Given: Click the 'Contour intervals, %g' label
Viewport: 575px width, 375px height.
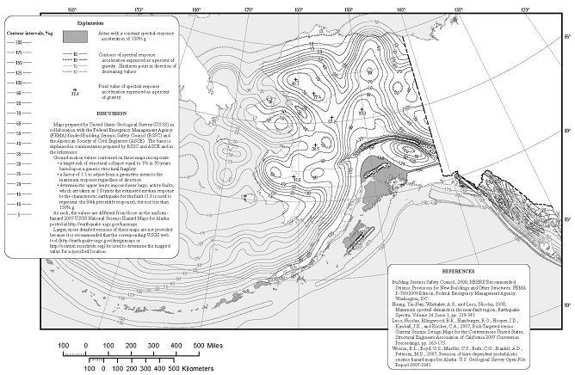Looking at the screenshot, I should coord(24,33).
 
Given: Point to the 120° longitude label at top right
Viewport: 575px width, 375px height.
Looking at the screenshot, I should coord(526,9).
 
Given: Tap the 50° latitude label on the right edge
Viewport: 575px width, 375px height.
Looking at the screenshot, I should coord(566,304).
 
